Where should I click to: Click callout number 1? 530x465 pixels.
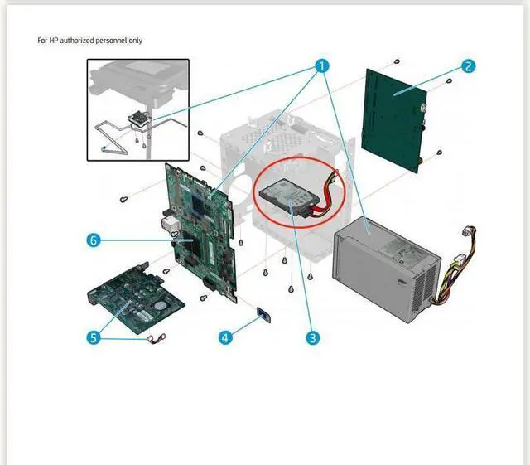click(x=322, y=65)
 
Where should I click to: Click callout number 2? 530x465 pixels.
click(x=469, y=65)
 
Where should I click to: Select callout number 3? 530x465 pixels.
click(x=313, y=337)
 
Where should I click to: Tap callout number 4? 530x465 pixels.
click(x=224, y=337)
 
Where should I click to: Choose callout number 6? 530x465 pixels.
click(x=94, y=240)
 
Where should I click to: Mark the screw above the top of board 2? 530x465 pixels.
click(x=397, y=62)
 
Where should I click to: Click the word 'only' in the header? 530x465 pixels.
click(x=146, y=40)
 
